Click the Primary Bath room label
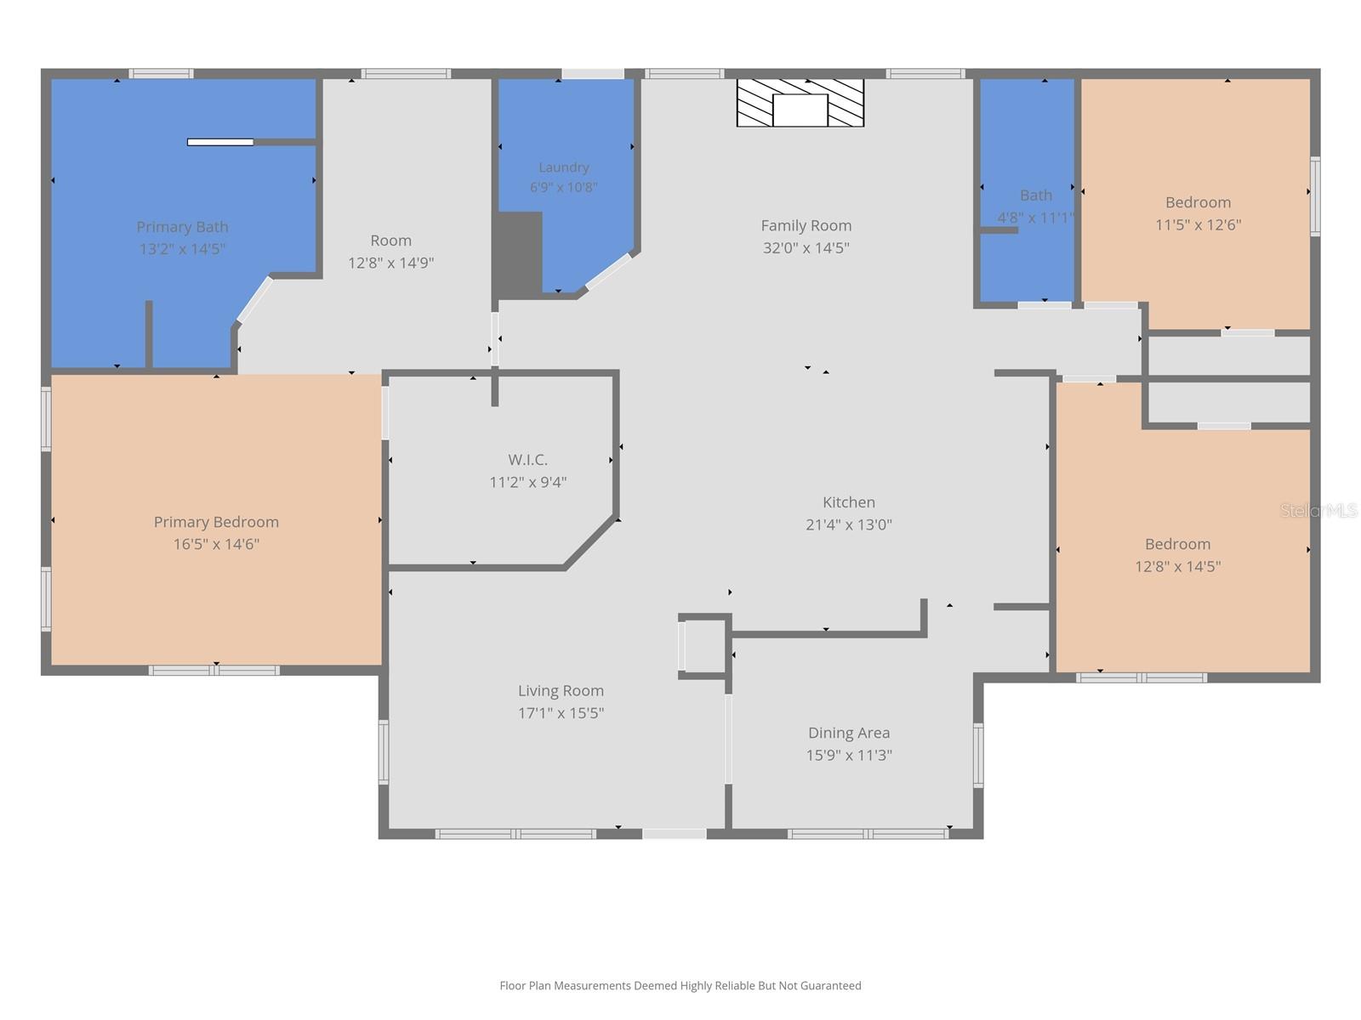pyautogui.click(x=182, y=227)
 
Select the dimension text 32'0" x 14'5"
pyautogui.click(x=806, y=247)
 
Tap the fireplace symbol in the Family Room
pyautogui.click(x=800, y=103)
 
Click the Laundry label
pyautogui.click(x=564, y=167)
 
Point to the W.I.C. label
pyautogui.click(x=527, y=460)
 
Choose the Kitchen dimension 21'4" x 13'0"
pyautogui.click(x=849, y=524)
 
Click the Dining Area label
pyautogui.click(x=849, y=733)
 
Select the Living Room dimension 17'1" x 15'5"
pyautogui.click(x=561, y=713)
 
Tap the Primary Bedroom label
pyautogui.click(x=216, y=522)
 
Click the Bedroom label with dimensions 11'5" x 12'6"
pyautogui.click(x=1198, y=202)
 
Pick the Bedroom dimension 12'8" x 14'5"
pyautogui.click(x=1178, y=566)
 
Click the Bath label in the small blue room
pyautogui.click(x=1036, y=195)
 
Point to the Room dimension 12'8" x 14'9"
pyautogui.click(x=390, y=263)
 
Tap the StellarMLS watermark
pyautogui.click(x=1318, y=510)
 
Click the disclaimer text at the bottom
pyautogui.click(x=680, y=985)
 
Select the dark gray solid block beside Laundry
pyautogui.click(x=518, y=254)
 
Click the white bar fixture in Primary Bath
pyautogui.click(x=220, y=143)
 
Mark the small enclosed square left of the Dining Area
pyautogui.click(x=704, y=646)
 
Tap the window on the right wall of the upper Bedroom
pyautogui.click(x=1314, y=196)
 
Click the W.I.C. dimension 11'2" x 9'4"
pyautogui.click(x=527, y=482)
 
